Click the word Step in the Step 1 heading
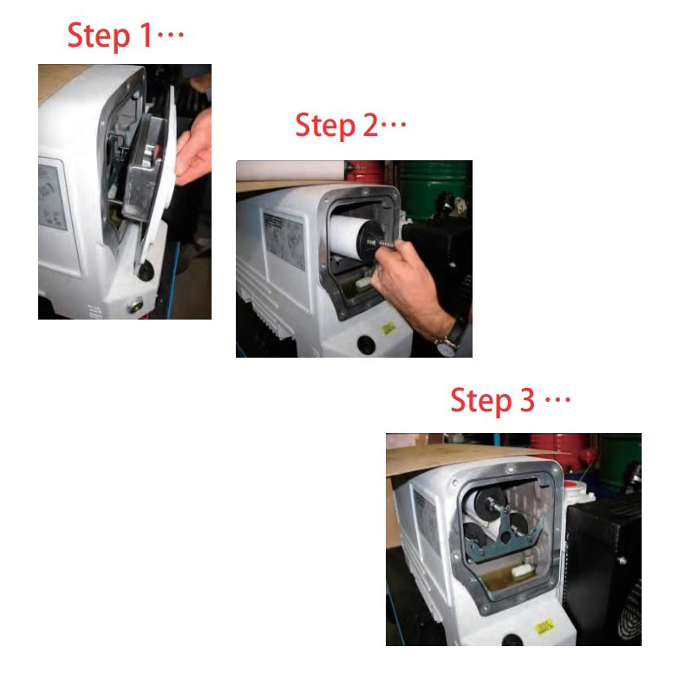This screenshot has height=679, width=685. click(99, 36)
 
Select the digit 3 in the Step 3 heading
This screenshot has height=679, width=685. click(527, 400)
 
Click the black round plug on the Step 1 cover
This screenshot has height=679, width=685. click(146, 270)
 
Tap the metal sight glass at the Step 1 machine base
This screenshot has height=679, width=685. click(135, 306)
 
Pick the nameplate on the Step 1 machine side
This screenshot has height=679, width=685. click(52, 197)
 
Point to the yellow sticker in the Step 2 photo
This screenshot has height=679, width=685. click(388, 327)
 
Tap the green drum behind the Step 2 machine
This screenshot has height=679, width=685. click(430, 188)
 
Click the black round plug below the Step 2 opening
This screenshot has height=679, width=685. click(366, 345)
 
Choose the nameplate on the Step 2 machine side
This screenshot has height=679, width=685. click(284, 241)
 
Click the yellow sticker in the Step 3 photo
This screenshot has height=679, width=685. click(545, 627)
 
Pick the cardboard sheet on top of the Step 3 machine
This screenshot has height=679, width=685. click(463, 456)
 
